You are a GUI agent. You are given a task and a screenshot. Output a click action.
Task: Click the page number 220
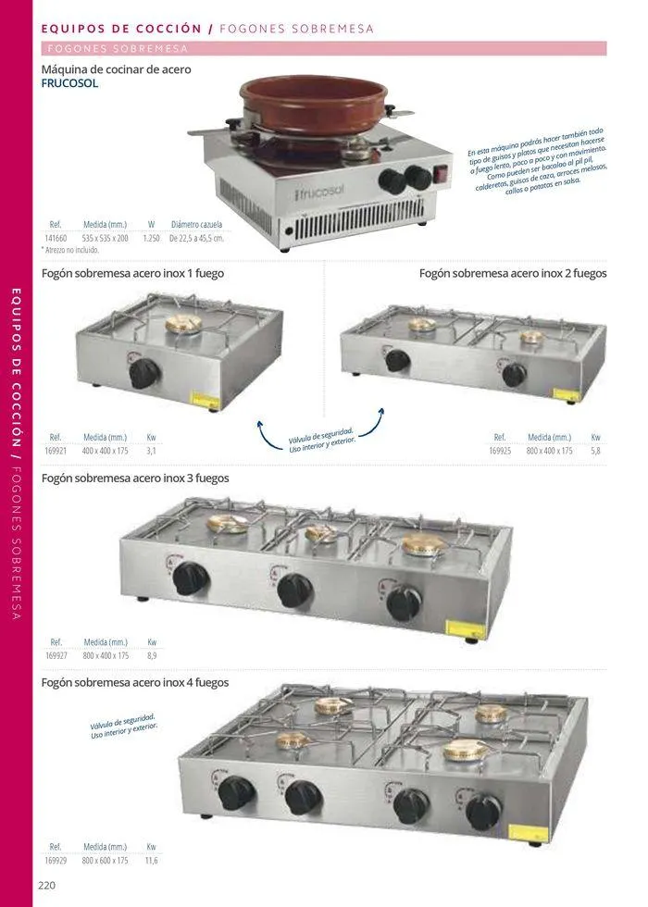click(x=47, y=885)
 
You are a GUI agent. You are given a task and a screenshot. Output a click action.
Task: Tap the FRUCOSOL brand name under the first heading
click(x=69, y=83)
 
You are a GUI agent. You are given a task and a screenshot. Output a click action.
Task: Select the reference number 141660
click(x=56, y=238)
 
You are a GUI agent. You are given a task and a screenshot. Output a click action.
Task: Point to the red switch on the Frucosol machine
click(x=441, y=172)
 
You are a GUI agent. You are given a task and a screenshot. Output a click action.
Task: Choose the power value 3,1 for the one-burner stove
click(x=151, y=451)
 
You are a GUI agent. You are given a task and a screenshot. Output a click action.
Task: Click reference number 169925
click(x=500, y=451)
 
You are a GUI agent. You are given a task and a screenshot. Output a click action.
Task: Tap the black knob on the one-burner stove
click(x=144, y=373)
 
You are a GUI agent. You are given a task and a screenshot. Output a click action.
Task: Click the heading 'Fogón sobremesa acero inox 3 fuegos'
click(x=135, y=478)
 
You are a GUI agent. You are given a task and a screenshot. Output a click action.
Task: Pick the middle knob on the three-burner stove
click(x=294, y=590)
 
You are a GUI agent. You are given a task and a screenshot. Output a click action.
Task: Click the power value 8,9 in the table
click(x=152, y=655)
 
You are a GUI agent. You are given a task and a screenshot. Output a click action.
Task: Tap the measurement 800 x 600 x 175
click(x=104, y=861)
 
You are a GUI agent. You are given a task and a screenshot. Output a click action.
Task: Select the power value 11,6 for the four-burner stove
click(x=152, y=861)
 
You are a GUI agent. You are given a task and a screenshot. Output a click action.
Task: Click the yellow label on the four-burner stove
click(x=534, y=832)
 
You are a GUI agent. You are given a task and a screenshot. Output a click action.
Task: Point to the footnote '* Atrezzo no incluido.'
click(x=70, y=250)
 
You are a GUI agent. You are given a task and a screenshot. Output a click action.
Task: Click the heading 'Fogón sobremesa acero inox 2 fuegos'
click(x=513, y=273)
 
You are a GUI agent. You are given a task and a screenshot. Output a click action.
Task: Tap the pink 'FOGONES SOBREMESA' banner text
click(x=117, y=48)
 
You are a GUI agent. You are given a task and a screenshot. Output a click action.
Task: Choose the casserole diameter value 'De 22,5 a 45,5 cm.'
click(x=196, y=238)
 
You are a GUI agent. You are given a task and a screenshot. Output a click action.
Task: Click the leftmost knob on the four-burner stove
click(x=237, y=793)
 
